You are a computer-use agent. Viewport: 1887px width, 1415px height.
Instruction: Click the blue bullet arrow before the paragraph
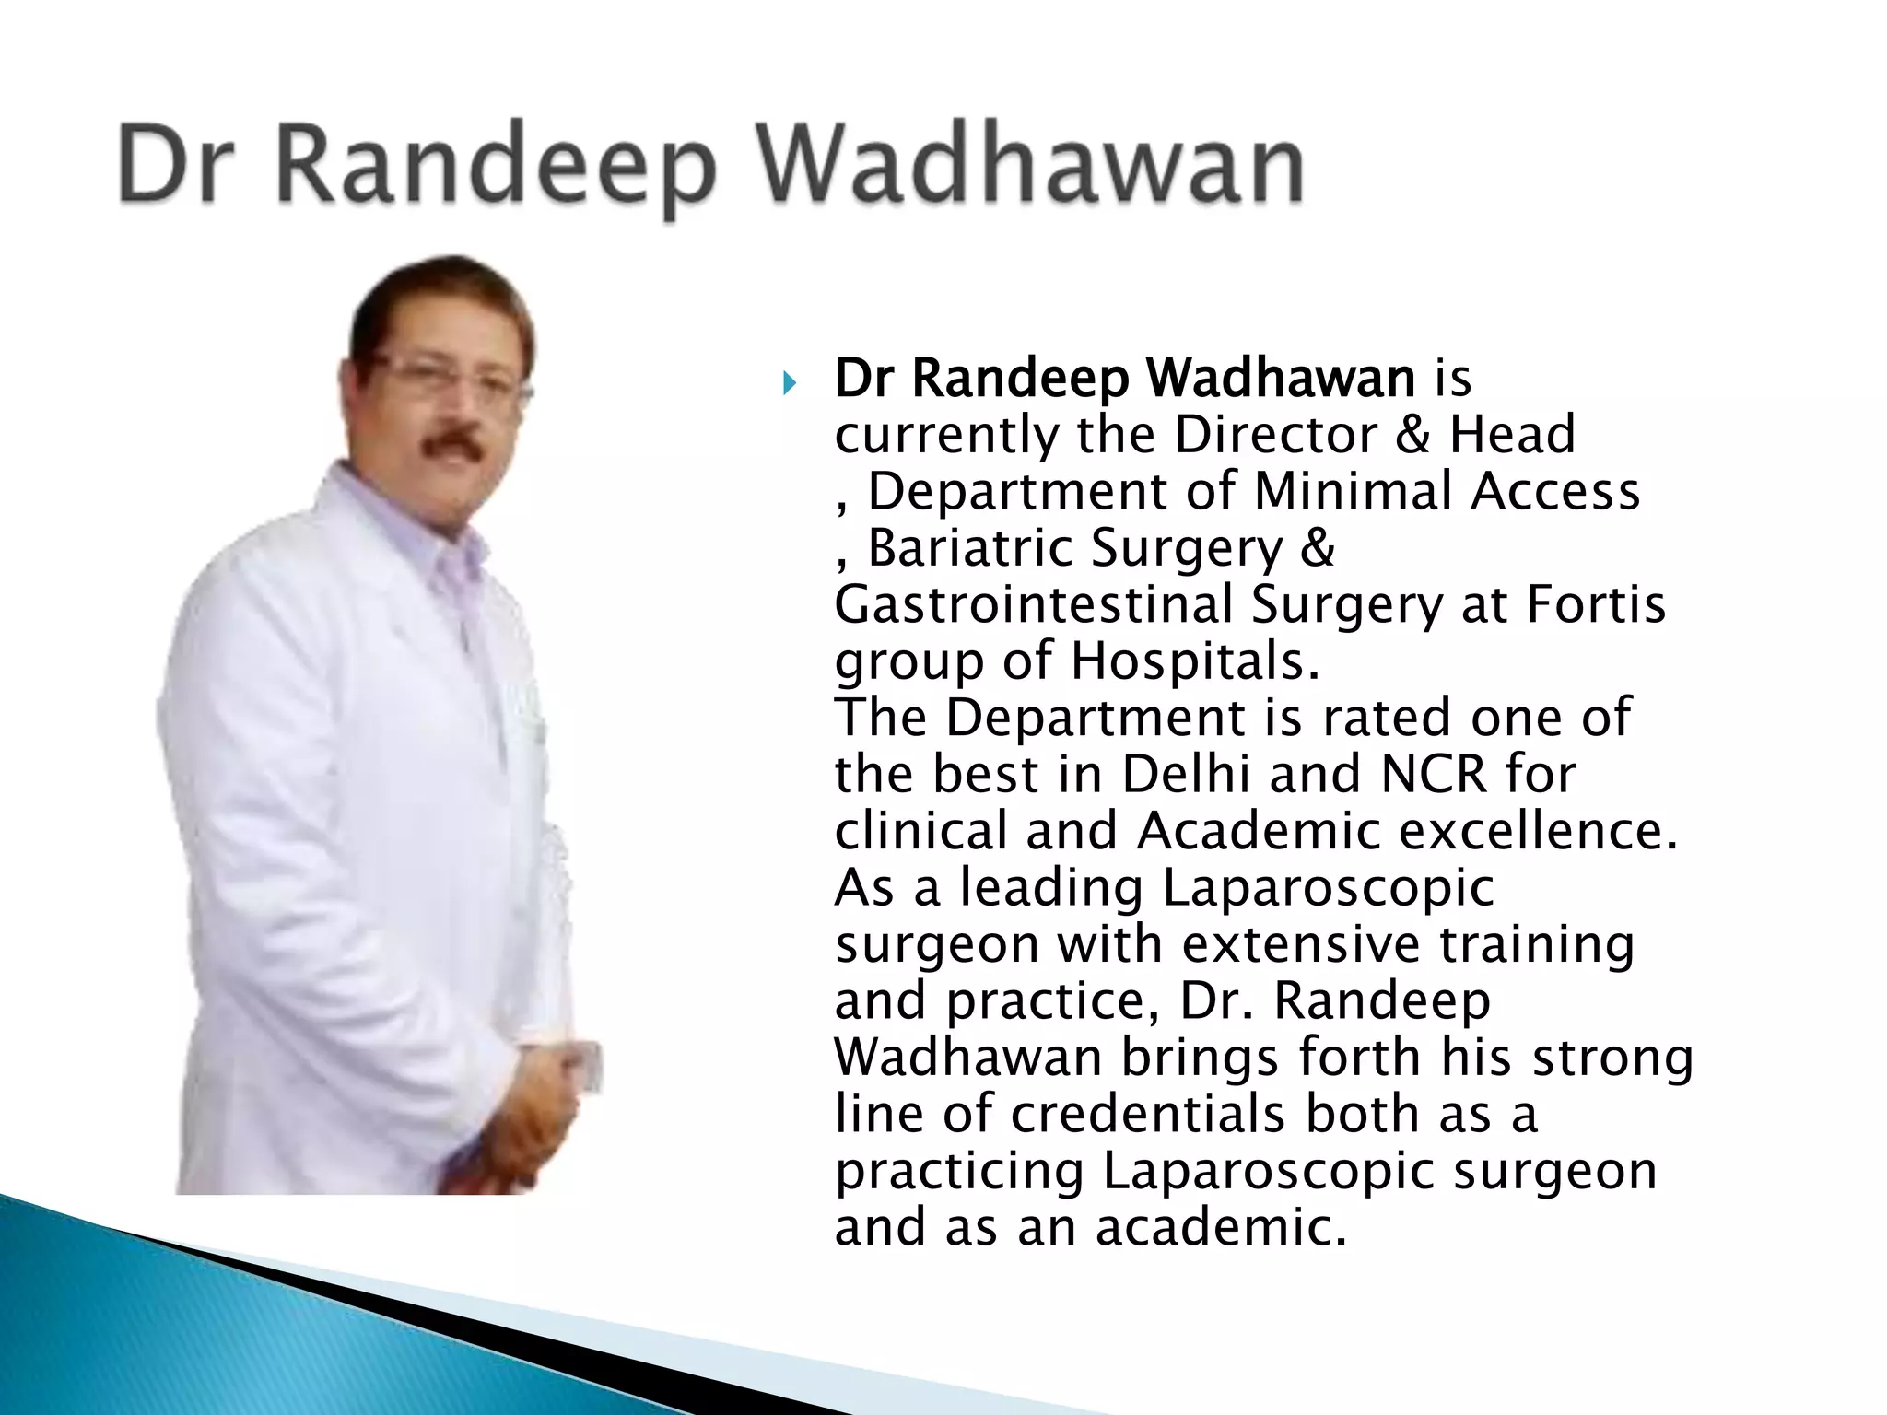coord(788,381)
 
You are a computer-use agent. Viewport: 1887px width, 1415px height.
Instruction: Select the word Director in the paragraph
coord(1275,435)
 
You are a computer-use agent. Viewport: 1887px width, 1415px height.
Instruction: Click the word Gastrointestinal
coord(1033,606)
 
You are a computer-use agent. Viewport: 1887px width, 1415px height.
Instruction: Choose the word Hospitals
coord(1195,661)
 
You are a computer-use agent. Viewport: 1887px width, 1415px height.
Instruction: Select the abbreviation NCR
coord(1434,775)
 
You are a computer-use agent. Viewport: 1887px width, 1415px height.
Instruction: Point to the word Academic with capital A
coord(1258,831)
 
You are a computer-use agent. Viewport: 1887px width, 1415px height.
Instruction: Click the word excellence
coord(1538,831)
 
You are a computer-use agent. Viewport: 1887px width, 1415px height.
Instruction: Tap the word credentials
coord(1147,1115)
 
